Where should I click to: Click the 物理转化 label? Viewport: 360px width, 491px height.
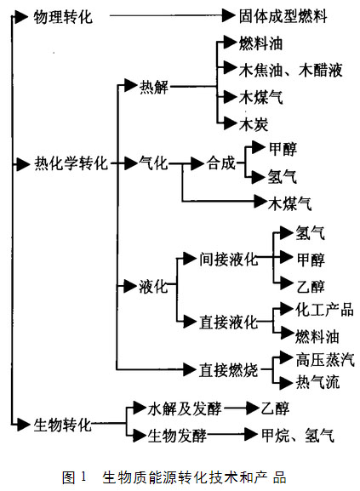click(63, 17)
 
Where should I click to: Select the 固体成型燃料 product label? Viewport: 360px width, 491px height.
click(283, 16)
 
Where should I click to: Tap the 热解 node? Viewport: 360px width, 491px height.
click(154, 87)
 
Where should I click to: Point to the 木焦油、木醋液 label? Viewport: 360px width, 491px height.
click(290, 70)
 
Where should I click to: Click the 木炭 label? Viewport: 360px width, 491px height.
click(254, 124)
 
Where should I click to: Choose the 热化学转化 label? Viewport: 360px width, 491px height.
click(71, 163)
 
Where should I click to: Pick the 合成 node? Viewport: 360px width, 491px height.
click(220, 163)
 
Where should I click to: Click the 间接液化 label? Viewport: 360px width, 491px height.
click(229, 259)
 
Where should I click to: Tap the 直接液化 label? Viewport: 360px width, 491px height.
click(228, 323)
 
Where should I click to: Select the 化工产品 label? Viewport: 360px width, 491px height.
click(324, 310)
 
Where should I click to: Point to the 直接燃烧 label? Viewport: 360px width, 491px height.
click(228, 370)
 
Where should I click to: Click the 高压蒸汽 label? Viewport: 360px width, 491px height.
click(325, 360)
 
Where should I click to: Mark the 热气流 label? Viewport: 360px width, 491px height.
click(317, 382)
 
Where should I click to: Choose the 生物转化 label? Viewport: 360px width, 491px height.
click(63, 425)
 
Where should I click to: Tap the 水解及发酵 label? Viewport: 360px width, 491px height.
click(185, 408)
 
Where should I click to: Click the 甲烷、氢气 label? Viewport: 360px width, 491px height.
click(298, 435)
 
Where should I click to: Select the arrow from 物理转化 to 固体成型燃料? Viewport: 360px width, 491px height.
click(172, 15)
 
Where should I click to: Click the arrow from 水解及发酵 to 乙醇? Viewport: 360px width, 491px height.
click(242, 408)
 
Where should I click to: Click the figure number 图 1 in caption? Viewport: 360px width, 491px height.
click(74, 477)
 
